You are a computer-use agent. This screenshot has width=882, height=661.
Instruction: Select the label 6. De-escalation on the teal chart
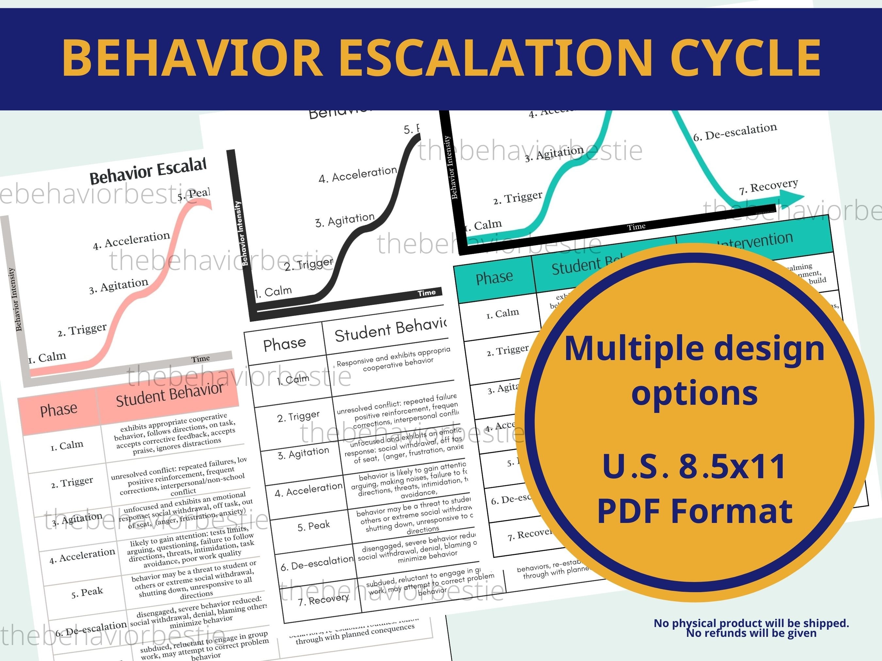(x=735, y=132)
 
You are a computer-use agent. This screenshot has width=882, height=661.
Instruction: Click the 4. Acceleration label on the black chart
(x=358, y=174)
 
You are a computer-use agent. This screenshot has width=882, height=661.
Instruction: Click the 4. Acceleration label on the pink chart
(x=131, y=240)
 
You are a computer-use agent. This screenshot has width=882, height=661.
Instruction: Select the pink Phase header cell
(x=58, y=410)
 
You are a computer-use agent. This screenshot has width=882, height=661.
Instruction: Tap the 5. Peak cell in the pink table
(x=87, y=592)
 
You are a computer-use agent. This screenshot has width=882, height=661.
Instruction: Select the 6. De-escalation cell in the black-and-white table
(x=317, y=563)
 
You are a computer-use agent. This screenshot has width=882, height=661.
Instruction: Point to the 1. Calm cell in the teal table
(x=502, y=314)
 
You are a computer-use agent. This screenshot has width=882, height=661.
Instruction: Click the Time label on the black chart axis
(x=426, y=293)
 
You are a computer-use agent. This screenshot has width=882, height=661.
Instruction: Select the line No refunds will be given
(x=751, y=633)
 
